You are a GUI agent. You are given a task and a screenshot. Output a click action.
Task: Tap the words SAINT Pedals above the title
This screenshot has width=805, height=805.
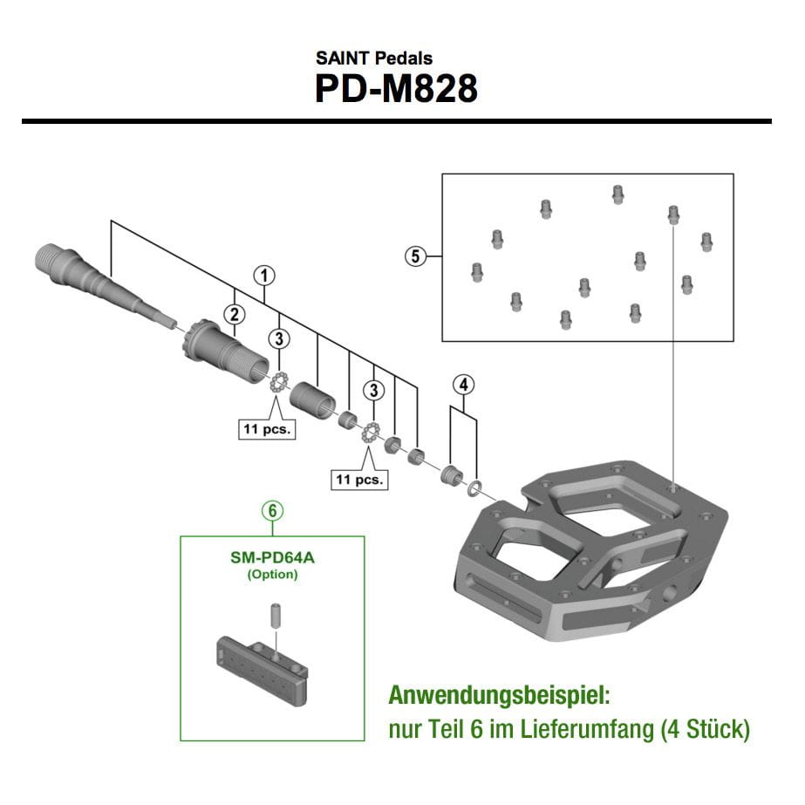(374, 59)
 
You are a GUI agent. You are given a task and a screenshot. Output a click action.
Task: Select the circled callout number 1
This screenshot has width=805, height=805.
(264, 276)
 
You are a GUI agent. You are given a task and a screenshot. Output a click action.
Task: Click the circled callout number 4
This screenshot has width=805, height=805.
(463, 385)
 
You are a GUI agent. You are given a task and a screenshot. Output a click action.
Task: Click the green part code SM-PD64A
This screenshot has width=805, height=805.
(273, 556)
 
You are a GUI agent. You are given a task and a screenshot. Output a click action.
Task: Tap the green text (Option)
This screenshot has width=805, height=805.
(273, 574)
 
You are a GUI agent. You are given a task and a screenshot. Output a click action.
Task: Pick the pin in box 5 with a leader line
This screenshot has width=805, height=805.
(672, 214)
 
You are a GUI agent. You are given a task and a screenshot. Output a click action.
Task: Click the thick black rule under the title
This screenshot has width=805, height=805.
(397, 120)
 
